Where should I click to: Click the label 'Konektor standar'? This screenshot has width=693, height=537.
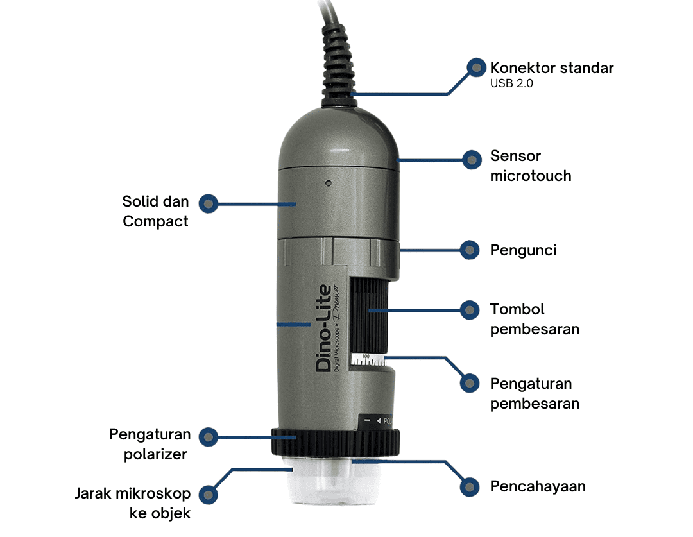(x=552, y=68)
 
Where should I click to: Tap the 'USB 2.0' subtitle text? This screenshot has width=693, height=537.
(x=511, y=83)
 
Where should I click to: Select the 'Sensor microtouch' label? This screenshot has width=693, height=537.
(x=531, y=166)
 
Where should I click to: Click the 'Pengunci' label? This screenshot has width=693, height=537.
(x=523, y=251)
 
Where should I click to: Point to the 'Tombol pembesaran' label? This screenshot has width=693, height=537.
(x=535, y=319)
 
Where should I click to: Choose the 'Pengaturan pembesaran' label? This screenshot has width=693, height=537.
(x=535, y=393)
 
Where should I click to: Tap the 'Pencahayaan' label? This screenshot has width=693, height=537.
(x=538, y=486)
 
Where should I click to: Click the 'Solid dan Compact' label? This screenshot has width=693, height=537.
(x=155, y=211)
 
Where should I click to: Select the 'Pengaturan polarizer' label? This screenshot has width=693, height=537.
(x=150, y=444)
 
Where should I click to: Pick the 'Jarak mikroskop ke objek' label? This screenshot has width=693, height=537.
(x=133, y=504)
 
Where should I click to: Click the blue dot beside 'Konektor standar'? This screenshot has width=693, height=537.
(x=476, y=67)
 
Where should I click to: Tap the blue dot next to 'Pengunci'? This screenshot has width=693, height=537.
(x=469, y=250)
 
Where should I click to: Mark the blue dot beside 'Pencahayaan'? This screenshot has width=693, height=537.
(x=469, y=487)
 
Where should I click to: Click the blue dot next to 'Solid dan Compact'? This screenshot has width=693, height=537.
(x=208, y=204)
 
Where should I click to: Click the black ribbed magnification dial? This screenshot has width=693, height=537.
(x=369, y=316)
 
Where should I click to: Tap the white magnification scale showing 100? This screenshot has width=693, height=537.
(x=368, y=360)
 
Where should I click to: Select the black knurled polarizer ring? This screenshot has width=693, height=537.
(x=336, y=442)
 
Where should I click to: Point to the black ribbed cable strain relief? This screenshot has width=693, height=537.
(x=338, y=65)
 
